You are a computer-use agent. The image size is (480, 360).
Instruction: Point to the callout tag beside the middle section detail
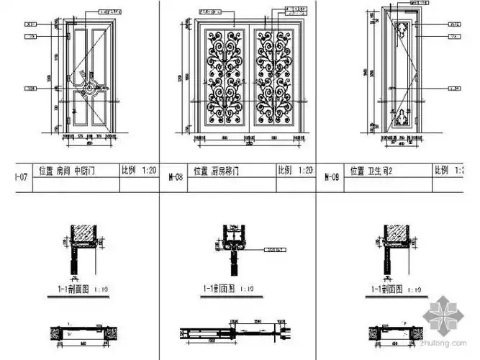tap(274, 251)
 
